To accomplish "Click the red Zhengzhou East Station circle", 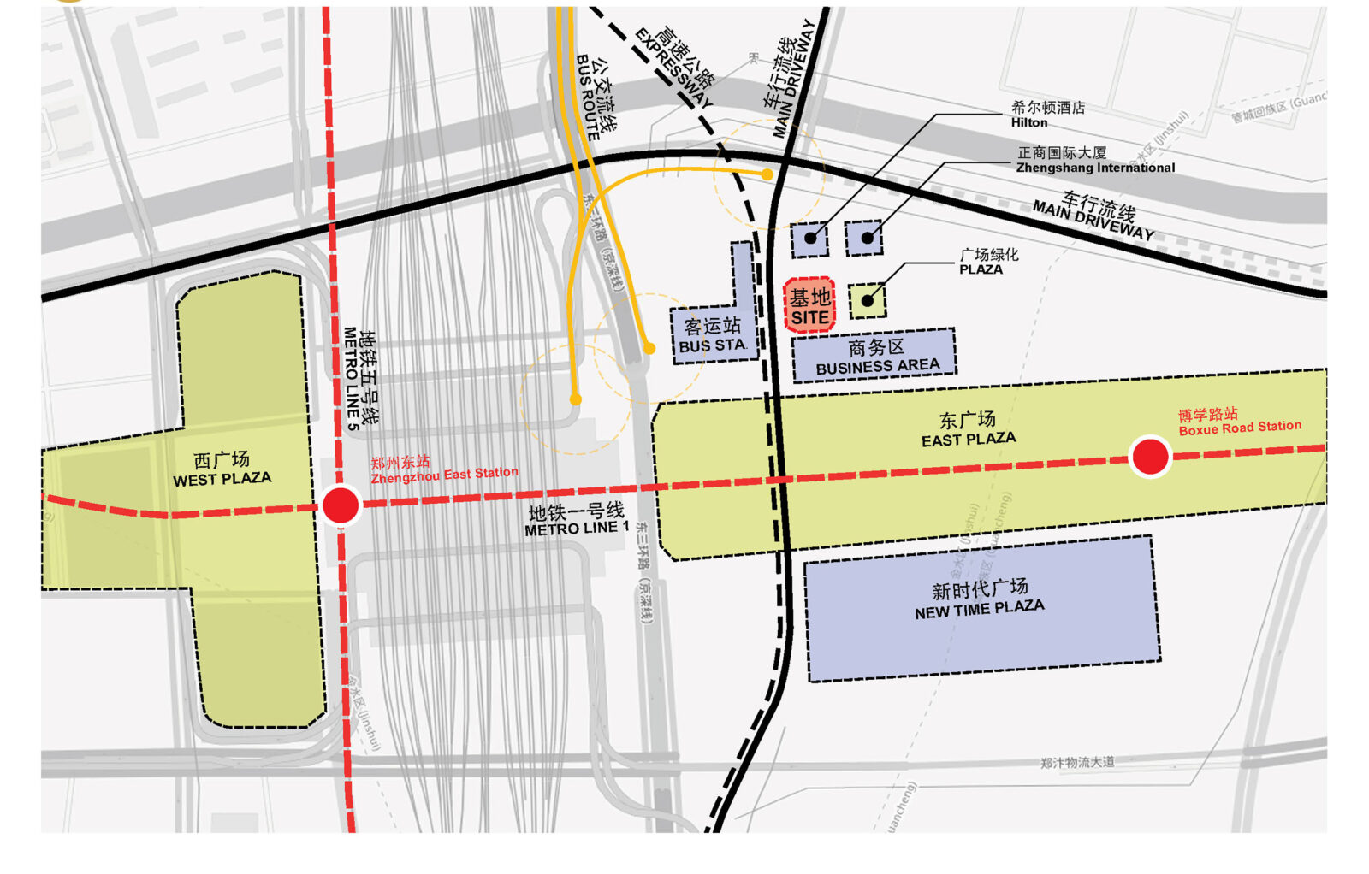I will [x=341, y=505].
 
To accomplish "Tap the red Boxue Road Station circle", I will [x=1150, y=457].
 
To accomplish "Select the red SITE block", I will [x=809, y=305].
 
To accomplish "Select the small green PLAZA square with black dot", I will [x=868, y=301].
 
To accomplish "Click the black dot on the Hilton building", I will [x=810, y=238].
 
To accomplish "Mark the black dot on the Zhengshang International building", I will [x=867, y=238].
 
